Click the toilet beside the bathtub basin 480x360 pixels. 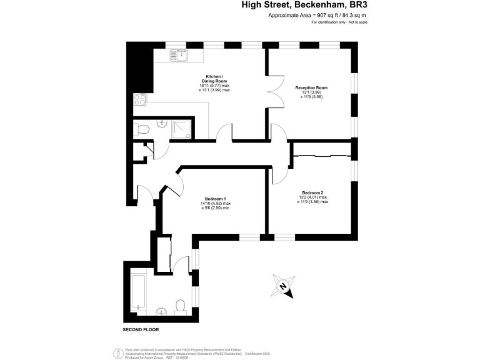(x=181, y=306)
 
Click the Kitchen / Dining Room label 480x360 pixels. (x=214, y=78)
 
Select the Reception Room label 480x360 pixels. (x=311, y=87)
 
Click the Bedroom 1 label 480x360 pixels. (x=216, y=199)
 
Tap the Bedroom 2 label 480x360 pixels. (x=312, y=192)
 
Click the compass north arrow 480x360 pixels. (x=283, y=286)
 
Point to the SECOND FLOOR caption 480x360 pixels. (x=141, y=329)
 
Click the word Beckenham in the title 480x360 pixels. (x=309, y=5)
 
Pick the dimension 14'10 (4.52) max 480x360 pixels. (x=216, y=204)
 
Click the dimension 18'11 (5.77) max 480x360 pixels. (x=214, y=86)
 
